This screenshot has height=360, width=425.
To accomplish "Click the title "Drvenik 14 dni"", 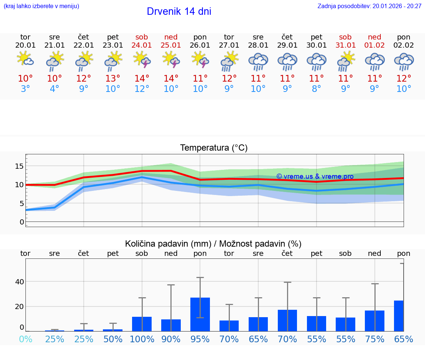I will click(x=179, y=11).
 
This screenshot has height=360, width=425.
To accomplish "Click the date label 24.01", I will click(x=142, y=45).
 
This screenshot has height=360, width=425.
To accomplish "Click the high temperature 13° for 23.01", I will click(x=113, y=78).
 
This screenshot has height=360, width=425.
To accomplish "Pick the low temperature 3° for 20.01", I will click(x=25, y=89).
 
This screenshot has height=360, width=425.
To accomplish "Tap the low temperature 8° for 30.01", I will click(x=316, y=89).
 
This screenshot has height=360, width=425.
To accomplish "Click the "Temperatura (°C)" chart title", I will click(x=214, y=148).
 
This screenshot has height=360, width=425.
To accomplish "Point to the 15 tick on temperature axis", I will click(x=19, y=166).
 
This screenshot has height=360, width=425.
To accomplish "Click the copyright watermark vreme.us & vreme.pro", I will click(x=315, y=176).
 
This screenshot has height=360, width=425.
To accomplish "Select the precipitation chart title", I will click(x=213, y=244).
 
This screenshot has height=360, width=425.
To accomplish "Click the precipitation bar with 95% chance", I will click(x=200, y=314).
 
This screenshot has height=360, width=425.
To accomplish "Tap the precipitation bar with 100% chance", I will click(x=142, y=324).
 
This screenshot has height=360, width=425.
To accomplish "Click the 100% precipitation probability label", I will click(x=142, y=339).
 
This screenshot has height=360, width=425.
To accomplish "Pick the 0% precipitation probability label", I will click(x=25, y=339).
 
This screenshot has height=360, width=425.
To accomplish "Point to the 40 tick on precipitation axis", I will click(x=19, y=282).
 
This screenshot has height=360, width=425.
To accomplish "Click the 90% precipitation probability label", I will click(x=171, y=339).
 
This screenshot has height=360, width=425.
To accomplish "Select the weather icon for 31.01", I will click(x=346, y=61).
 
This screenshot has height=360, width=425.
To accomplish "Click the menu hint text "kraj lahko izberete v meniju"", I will click(x=41, y=6).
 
